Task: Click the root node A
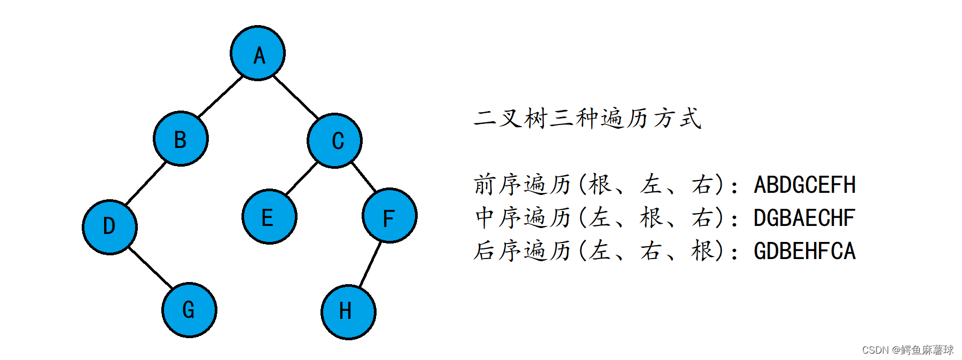(257, 53)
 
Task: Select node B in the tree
(181, 139)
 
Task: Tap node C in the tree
(335, 140)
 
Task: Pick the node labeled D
(110, 226)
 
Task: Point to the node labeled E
(269, 217)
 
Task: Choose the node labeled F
(389, 216)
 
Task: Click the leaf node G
(189, 310)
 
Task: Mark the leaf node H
(348, 312)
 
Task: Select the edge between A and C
(295, 97)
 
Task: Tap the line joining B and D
(145, 184)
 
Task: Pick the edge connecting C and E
(302, 178)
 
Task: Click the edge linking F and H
(370, 264)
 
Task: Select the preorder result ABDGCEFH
(804, 185)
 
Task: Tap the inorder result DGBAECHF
(804, 218)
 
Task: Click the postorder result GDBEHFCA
(804, 251)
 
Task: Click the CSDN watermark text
(908, 350)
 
